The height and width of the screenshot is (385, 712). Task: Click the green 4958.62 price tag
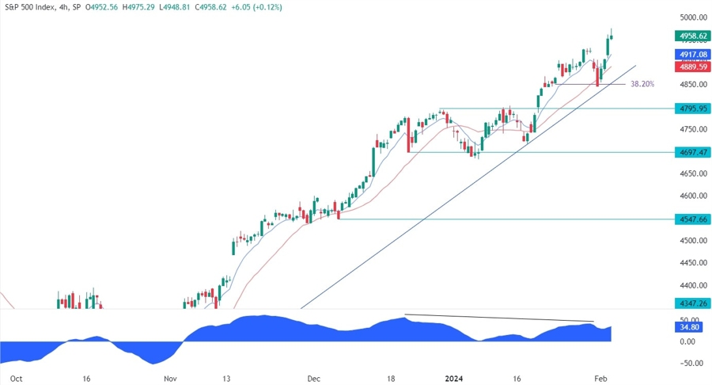[x=691, y=36]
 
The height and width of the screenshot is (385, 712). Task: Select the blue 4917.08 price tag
[x=691, y=54]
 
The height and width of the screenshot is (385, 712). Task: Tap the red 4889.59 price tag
[x=691, y=68]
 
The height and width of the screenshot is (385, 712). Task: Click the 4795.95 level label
[x=691, y=109]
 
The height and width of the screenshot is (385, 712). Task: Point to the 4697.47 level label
[x=691, y=152]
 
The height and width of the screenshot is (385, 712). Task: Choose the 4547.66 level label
[x=691, y=219]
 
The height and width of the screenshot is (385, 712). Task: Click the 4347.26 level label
[x=691, y=303]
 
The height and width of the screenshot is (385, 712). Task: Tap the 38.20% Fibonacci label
[x=642, y=83]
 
